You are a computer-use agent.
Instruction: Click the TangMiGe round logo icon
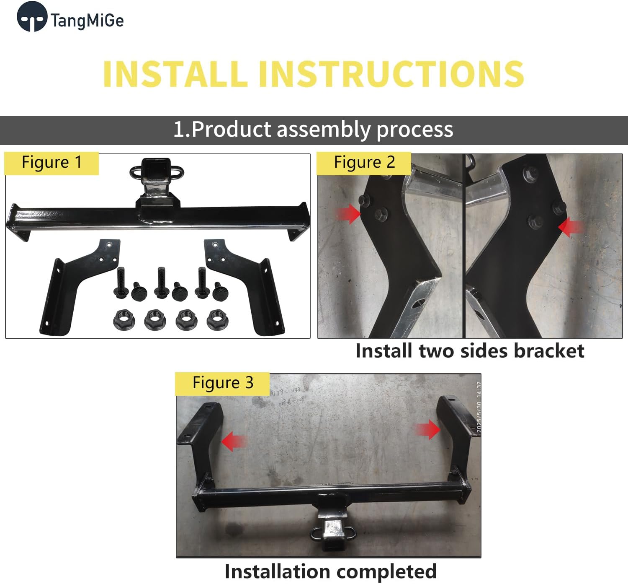pyautogui.click(x=31, y=17)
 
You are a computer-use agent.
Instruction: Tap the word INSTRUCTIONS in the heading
pyautogui.click(x=391, y=74)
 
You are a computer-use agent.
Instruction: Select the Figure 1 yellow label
pyautogui.click(x=51, y=163)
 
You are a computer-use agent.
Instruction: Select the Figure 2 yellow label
pyautogui.click(x=364, y=163)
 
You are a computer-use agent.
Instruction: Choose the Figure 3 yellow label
pyautogui.click(x=222, y=383)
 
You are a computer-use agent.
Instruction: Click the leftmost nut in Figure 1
pyautogui.click(x=121, y=321)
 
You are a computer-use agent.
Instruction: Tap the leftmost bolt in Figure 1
pyautogui.click(x=120, y=283)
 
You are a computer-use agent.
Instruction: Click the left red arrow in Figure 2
pyautogui.click(x=348, y=214)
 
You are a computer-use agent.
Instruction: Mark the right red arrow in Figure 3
pyautogui.click(x=427, y=430)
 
